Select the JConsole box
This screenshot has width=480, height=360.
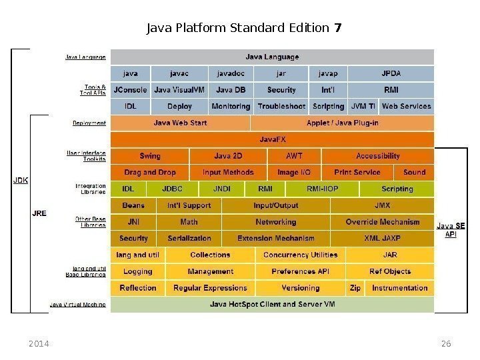[x=131, y=90]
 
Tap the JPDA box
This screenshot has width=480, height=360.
[x=391, y=73]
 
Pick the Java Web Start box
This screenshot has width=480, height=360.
[x=180, y=123]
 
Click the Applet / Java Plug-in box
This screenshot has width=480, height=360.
[x=342, y=123]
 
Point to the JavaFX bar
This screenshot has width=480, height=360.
[x=271, y=139]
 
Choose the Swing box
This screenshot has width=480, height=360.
[x=150, y=156]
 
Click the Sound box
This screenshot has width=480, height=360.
[x=414, y=172]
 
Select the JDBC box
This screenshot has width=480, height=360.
[x=172, y=189]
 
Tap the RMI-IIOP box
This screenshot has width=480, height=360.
[x=322, y=189]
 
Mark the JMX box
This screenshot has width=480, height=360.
[x=382, y=205]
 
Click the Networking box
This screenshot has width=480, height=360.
[x=275, y=222]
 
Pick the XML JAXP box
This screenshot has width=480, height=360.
[x=382, y=238]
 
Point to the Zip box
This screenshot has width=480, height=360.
[x=355, y=288]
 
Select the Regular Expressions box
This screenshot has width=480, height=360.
[x=210, y=288]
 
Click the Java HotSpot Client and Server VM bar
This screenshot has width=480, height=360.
[x=271, y=305]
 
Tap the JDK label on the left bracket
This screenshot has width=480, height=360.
[x=21, y=180]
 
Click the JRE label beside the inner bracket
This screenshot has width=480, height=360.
[x=39, y=213]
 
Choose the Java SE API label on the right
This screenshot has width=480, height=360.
[x=451, y=230]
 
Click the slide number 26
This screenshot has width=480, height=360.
[x=446, y=344]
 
